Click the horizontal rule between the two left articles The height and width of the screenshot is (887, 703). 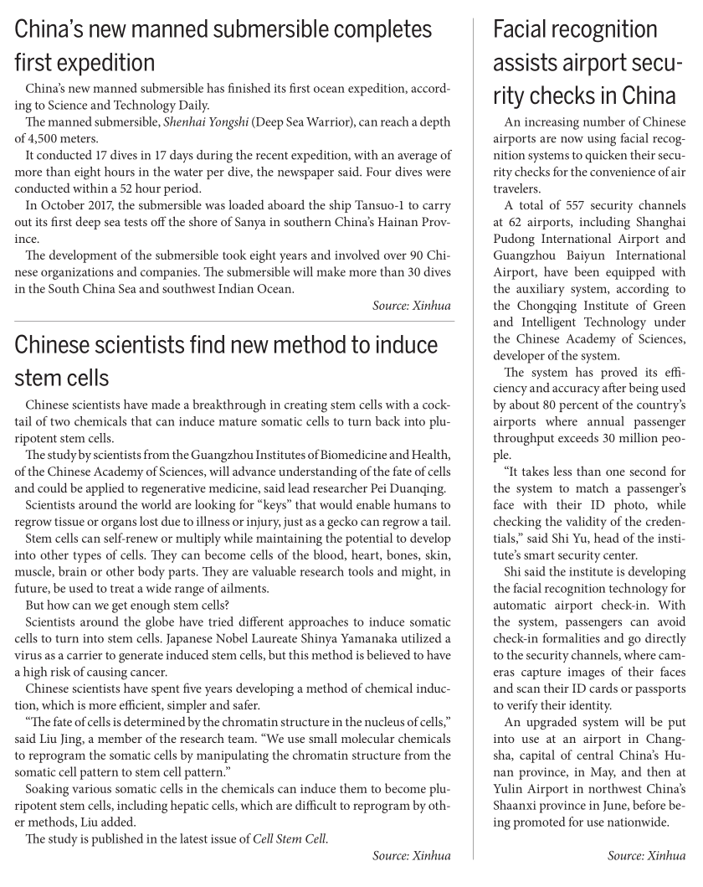pyautogui.click(x=233, y=322)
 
